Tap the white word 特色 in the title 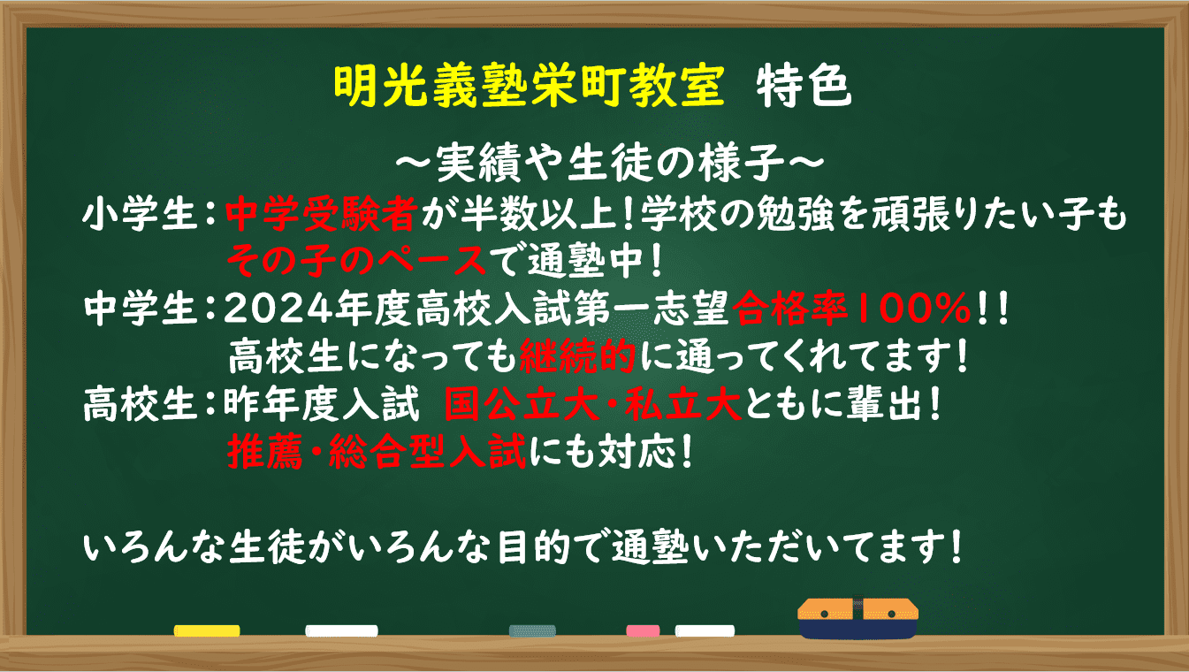point(804,85)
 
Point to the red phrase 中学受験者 point(321,214)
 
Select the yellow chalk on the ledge point(207,630)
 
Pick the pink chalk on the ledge point(643,630)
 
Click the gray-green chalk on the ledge point(532,630)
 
